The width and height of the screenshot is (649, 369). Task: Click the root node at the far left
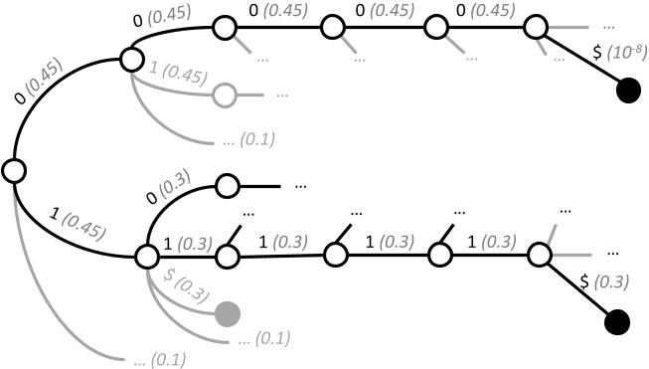point(13,171)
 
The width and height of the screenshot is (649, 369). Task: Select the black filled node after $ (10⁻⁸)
point(627,92)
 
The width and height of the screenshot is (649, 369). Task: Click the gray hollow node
point(226,95)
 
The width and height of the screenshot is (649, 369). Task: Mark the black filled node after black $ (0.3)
point(617,323)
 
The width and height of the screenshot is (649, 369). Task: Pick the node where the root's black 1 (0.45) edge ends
point(145,257)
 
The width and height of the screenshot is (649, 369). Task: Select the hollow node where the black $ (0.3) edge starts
point(540,255)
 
